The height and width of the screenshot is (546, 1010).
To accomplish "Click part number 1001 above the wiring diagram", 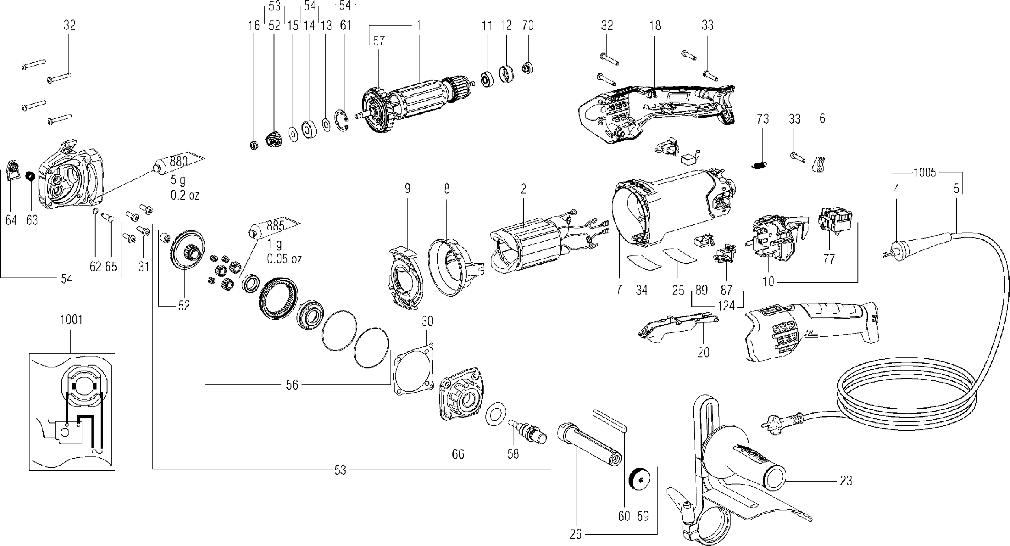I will pyautogui.click(x=71, y=320).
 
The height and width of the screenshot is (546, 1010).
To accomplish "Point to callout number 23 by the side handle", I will pyautogui.click(x=846, y=480).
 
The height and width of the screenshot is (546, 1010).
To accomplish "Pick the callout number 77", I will pyautogui.click(x=829, y=259).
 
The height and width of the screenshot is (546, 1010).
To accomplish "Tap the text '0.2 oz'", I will pyautogui.click(x=185, y=195).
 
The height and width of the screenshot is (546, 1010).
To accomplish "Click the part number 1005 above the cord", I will pyautogui.click(x=925, y=173).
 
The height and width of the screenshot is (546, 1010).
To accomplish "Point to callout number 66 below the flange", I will pyautogui.click(x=458, y=454).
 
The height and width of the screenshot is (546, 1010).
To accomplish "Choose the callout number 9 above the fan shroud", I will pyautogui.click(x=407, y=188).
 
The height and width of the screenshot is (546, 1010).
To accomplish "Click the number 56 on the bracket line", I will pyautogui.click(x=292, y=385).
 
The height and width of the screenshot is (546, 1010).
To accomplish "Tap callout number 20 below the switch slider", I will pyautogui.click(x=703, y=352).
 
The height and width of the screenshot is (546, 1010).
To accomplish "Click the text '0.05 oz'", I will pyautogui.click(x=284, y=259).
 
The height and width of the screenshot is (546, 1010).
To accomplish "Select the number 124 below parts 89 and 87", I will pyautogui.click(x=726, y=306).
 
